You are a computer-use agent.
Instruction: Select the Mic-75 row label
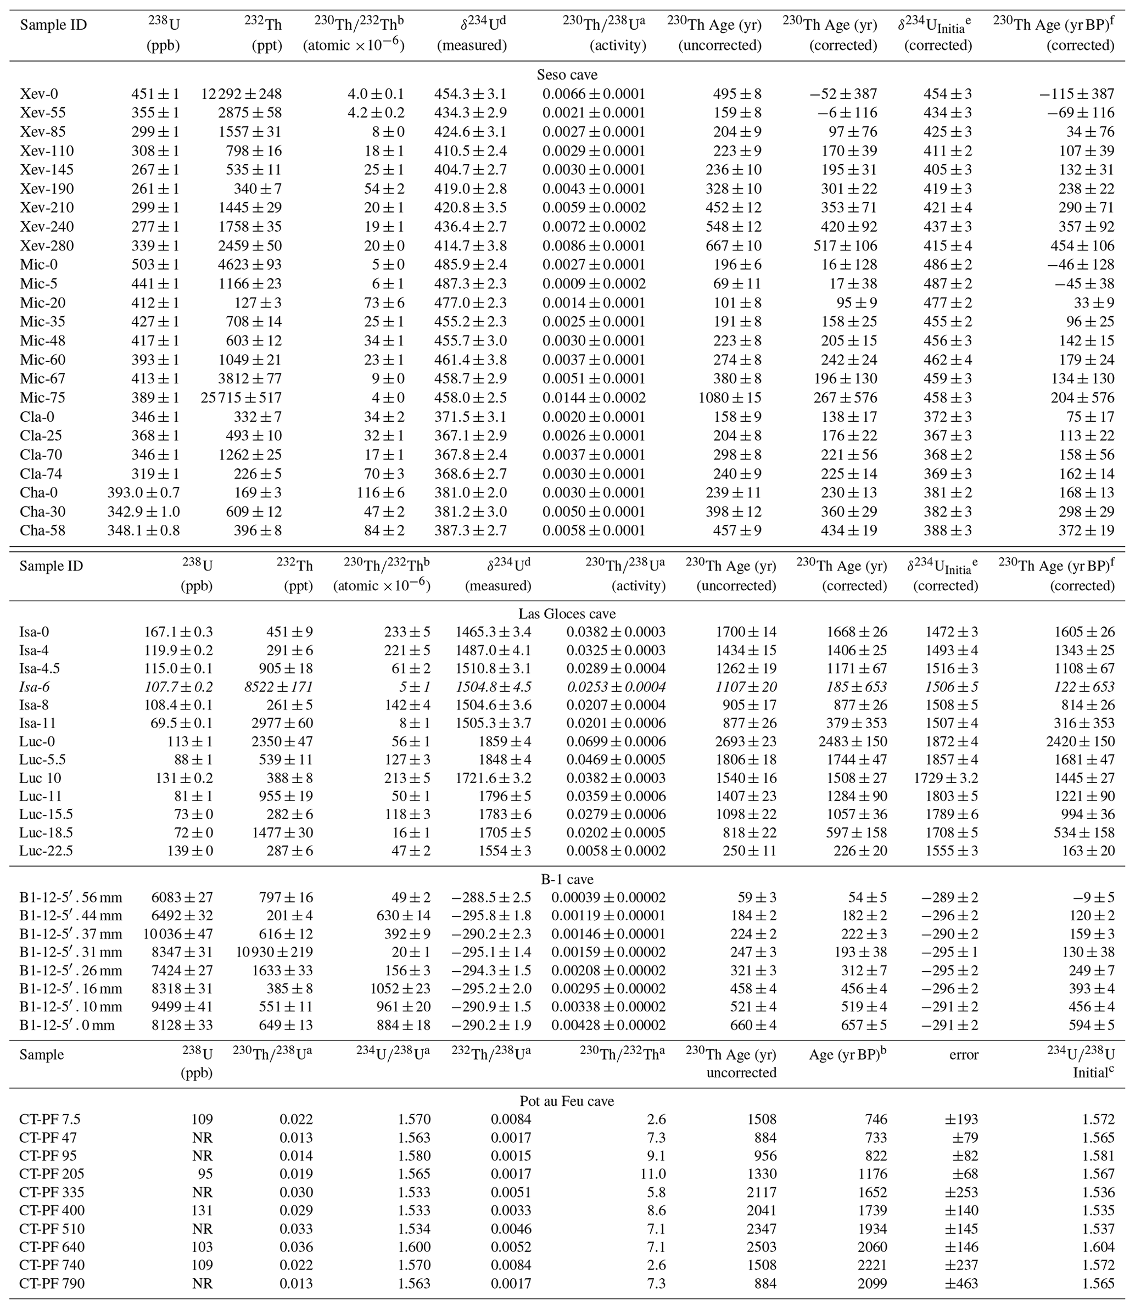pos(42,398)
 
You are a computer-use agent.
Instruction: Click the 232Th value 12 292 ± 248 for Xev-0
pos(241,94)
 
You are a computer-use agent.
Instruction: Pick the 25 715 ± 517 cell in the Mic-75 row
pos(241,398)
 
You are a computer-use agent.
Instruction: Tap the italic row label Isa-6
pos(34,686)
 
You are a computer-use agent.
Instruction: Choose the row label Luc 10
pos(40,777)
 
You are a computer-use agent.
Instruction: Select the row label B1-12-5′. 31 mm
pos(70,952)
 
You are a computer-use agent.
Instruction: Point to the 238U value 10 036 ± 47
pos(178,933)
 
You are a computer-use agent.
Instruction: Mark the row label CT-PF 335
pos(52,1192)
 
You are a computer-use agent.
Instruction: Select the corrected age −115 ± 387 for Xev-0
pos(1076,94)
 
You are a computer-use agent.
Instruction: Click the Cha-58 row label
pos(42,531)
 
